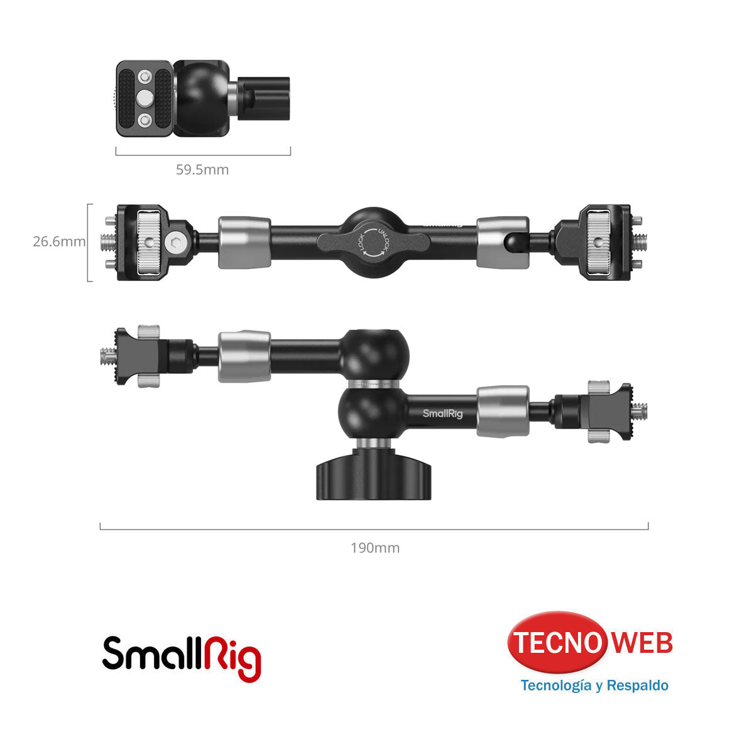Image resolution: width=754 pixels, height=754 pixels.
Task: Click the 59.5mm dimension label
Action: point(202,170)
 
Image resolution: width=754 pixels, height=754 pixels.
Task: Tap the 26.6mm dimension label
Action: point(59,241)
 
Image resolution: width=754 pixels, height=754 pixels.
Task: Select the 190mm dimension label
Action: point(375,548)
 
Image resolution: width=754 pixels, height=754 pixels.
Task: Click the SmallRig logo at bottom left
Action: point(182,657)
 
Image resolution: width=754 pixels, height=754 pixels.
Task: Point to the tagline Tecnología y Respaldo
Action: point(594,685)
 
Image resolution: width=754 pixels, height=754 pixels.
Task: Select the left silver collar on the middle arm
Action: point(244,243)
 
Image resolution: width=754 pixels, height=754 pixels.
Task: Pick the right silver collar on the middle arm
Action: point(502,243)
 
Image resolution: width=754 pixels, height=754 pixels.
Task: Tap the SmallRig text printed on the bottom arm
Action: point(442,413)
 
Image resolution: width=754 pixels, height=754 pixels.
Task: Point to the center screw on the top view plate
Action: point(145,97)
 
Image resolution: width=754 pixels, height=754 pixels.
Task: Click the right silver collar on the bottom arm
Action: point(502,412)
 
